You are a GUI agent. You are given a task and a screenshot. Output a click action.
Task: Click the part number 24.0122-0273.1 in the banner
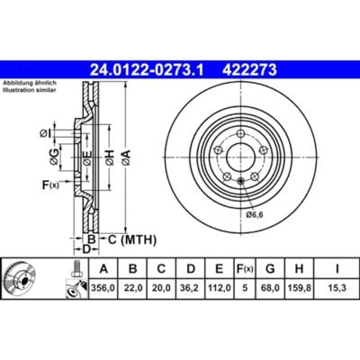147,70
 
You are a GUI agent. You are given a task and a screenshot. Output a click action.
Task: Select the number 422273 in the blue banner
249,70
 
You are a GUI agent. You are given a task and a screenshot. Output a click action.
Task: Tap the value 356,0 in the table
103,288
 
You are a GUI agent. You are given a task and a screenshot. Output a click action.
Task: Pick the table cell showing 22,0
132,288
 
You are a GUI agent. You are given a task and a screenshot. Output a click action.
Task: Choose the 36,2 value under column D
191,288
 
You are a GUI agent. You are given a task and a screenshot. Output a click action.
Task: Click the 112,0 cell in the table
220,288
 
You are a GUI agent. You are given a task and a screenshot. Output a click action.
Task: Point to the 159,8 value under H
300,288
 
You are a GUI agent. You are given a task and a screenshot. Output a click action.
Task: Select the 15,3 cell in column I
337,288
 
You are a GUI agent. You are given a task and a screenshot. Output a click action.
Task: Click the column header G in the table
270,269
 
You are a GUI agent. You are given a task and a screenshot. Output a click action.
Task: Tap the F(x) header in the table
245,269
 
